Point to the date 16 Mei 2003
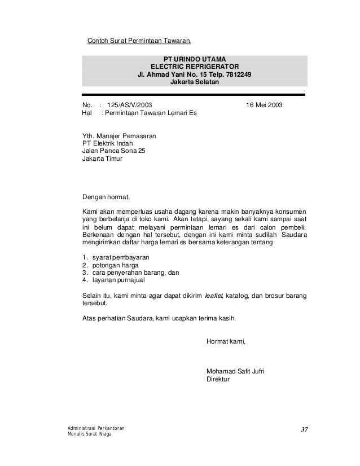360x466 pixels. [265, 105]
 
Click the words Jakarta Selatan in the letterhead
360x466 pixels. [194, 82]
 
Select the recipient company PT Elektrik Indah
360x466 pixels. [108, 143]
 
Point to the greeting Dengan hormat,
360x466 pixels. [106, 197]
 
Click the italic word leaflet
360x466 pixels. [214, 296]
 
